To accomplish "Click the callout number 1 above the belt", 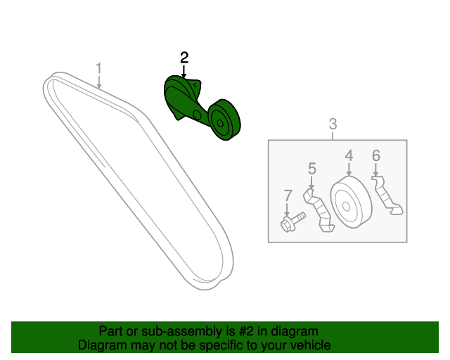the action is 98,69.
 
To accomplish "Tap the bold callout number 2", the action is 184,58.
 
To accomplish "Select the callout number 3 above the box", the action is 333,124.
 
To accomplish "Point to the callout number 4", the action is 349,155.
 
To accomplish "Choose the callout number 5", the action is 312,169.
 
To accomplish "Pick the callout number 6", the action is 376,155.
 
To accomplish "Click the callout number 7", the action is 288,195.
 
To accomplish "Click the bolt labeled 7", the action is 292,222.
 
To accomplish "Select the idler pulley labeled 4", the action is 351,202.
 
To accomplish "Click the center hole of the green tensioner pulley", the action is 220,124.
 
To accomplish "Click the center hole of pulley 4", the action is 347,207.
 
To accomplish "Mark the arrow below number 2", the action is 184,72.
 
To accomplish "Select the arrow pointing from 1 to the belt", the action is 99,82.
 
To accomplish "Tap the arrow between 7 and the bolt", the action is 286,210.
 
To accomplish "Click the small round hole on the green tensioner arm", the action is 197,115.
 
